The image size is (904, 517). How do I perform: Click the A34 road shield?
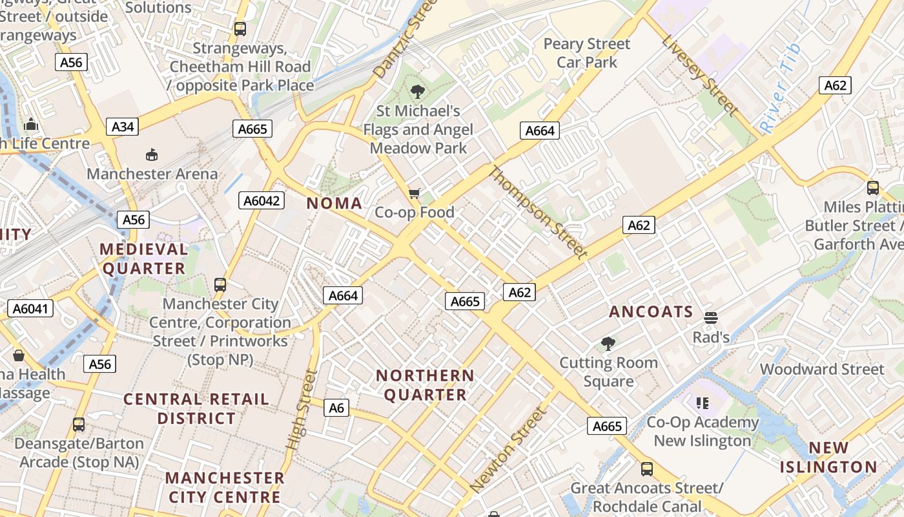(x=123, y=127)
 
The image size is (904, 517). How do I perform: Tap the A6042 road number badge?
(x=262, y=200)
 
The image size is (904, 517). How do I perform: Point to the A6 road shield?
(x=336, y=408)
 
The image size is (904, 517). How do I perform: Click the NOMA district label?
(x=334, y=204)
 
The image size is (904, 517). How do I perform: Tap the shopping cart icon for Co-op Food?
(x=415, y=193)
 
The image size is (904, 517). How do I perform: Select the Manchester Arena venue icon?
(x=152, y=154)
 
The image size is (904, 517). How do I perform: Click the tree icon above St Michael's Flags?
(x=418, y=92)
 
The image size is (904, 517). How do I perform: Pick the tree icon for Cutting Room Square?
(x=608, y=343)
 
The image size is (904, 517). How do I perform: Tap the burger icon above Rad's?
(x=711, y=317)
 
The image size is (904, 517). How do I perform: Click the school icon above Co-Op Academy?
(x=703, y=403)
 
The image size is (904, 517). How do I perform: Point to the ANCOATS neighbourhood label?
(x=651, y=312)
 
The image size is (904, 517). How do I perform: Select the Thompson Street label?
(x=538, y=213)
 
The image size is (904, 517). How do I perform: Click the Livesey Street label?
(x=699, y=75)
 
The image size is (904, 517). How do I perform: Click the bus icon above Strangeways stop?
(x=240, y=29)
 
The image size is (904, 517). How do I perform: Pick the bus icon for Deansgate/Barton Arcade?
(x=79, y=425)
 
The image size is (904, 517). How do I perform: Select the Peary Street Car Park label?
(x=586, y=53)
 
